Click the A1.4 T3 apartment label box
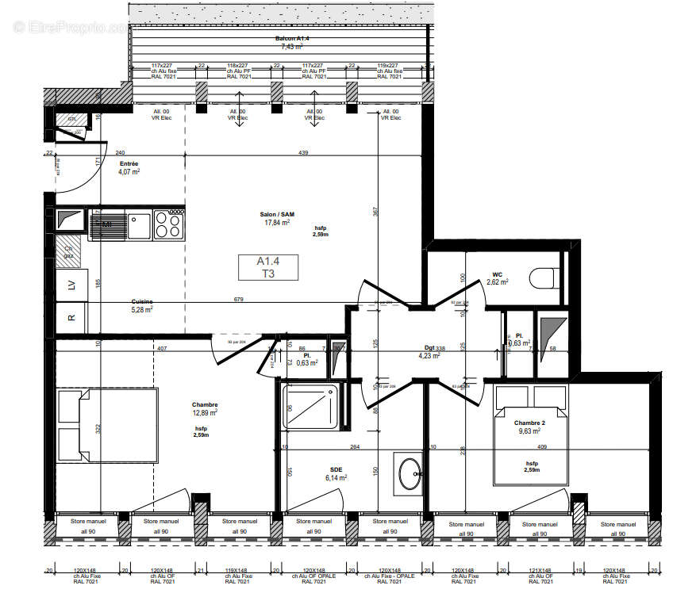coord(266,267)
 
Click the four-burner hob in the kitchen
coord(169,224)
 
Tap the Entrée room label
coord(129,163)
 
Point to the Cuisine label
coord(143,301)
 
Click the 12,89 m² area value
coord(206,412)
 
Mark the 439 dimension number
coord(303,152)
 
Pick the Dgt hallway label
coord(429,347)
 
